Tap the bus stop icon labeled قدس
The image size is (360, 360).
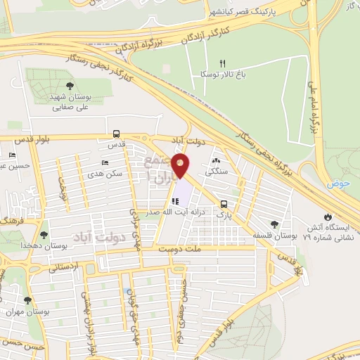(x=115, y=134)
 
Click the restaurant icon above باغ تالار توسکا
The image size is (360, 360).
(x=224, y=63)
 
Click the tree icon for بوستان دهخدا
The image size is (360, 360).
(x=44, y=235)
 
